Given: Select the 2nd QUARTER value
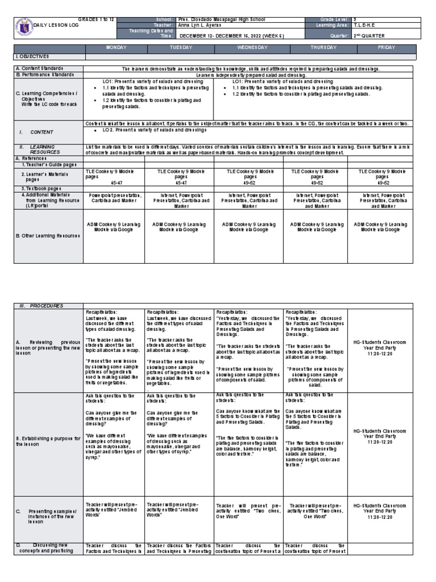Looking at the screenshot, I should click(x=369, y=35).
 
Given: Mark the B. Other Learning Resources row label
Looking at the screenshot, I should click(x=48, y=235).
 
